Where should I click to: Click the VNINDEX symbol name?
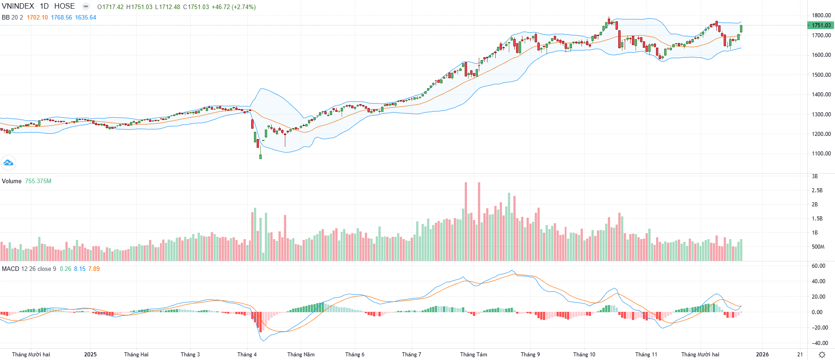point(18,6)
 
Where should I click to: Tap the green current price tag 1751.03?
point(821,25)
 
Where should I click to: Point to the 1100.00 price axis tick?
point(821,154)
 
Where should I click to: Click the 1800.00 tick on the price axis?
point(821,15)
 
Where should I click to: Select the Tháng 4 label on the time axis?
point(247,355)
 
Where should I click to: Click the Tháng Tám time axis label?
point(473,355)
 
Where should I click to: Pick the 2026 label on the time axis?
point(762,355)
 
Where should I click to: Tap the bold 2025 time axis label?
point(90,355)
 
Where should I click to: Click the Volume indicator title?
point(12,181)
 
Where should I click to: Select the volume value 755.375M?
point(38,181)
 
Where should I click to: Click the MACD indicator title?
point(10,269)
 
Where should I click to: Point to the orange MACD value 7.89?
point(94,269)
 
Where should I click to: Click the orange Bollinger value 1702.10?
point(37,17)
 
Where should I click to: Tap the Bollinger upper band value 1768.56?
point(61,17)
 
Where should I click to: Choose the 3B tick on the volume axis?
point(815,176)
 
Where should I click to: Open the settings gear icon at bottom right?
point(821,355)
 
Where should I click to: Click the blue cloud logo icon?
point(8,162)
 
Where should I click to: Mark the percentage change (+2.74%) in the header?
point(244,7)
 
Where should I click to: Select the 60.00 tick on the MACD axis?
point(818,266)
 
